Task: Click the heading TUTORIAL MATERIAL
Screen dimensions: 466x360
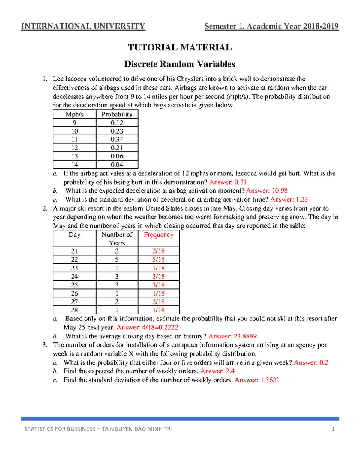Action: (180, 47)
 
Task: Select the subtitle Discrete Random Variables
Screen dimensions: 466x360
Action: (180, 64)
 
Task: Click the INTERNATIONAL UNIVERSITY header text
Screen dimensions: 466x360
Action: (83, 26)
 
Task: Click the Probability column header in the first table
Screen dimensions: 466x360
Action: (117, 114)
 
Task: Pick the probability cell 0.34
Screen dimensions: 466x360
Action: (117, 139)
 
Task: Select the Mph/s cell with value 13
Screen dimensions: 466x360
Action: (74, 156)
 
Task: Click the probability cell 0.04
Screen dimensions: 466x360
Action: (117, 164)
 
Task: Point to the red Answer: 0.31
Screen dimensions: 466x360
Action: (228, 182)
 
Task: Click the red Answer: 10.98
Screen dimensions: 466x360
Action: (267, 191)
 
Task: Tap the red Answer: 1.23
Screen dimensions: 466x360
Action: (289, 200)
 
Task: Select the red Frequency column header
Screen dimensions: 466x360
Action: (158, 235)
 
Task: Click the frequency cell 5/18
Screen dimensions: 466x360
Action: (158, 260)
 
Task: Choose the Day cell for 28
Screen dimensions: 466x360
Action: (74, 310)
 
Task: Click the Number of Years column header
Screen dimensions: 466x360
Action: (117, 239)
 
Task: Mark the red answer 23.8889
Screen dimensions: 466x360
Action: (232, 336)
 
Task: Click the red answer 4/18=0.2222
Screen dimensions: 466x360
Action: (147, 327)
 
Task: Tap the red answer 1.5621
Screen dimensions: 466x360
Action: (257, 380)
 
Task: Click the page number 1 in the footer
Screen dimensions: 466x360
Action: (333, 429)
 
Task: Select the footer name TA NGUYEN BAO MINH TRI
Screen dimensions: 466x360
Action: (137, 429)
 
